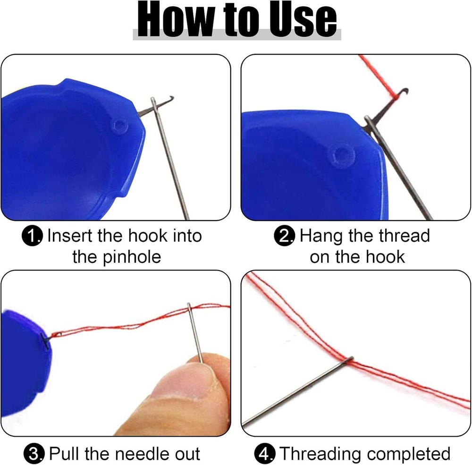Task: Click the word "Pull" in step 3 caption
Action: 67,454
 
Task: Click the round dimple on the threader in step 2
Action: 339,154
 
